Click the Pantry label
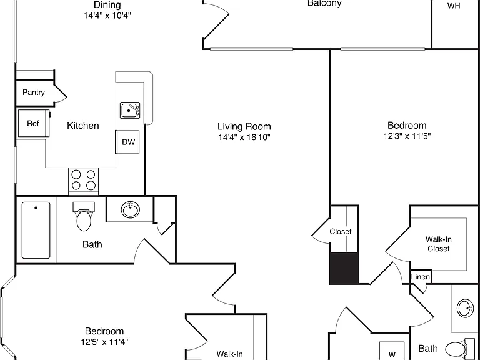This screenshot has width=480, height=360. (x=34, y=92)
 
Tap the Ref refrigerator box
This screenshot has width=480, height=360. (x=34, y=123)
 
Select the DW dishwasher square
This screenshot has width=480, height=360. (x=127, y=142)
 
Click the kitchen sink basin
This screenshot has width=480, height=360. (x=130, y=110)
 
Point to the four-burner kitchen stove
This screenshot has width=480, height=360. (x=83, y=181)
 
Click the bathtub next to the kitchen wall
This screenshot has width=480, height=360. (x=36, y=230)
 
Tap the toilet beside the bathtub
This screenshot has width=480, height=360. (x=84, y=216)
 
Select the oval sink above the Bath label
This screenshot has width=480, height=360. (x=131, y=210)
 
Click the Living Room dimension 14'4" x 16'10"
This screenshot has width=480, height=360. (x=244, y=137)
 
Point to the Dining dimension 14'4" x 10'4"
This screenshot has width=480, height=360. (x=107, y=15)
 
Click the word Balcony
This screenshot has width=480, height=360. (x=324, y=4)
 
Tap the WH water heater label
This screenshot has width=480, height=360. (x=454, y=6)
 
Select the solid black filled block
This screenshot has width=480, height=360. (x=344, y=268)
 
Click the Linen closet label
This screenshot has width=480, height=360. (x=420, y=277)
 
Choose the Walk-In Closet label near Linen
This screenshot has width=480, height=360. (x=439, y=244)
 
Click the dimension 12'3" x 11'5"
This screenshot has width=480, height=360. (x=407, y=136)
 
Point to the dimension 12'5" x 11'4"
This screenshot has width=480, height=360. (x=104, y=342)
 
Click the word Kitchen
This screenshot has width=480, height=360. (x=83, y=126)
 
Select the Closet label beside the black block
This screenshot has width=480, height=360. (x=341, y=232)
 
